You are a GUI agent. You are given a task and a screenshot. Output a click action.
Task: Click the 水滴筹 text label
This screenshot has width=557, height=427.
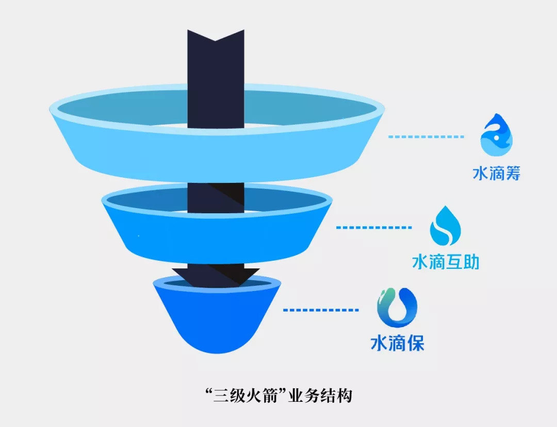[496, 173]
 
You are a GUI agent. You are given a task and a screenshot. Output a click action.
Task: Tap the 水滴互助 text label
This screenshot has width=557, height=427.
[446, 262]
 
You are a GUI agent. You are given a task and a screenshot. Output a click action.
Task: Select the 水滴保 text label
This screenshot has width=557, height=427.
[397, 343]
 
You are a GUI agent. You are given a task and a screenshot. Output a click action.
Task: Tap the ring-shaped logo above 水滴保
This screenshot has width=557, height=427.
[397, 308]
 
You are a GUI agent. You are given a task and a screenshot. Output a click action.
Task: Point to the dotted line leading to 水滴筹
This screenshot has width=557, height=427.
[426, 137]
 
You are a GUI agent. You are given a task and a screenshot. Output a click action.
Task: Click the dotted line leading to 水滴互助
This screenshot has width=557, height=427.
[374, 227]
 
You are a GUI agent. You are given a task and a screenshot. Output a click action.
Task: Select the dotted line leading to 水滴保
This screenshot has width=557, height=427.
[321, 310]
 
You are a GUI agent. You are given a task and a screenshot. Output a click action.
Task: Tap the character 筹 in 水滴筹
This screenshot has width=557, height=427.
[512, 173]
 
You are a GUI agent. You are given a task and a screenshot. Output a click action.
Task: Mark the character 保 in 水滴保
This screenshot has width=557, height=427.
[415, 343]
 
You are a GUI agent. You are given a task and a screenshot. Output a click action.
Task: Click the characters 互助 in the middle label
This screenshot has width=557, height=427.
[463, 262]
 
